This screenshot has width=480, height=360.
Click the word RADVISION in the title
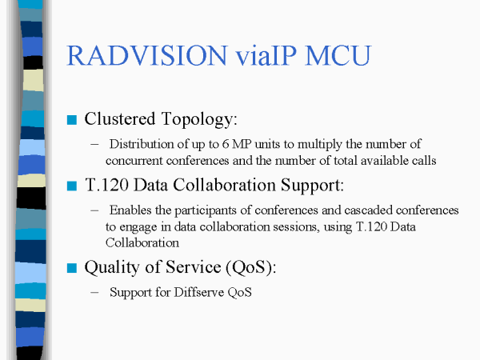(x=147, y=55)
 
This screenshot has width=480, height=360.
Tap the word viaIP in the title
(x=266, y=55)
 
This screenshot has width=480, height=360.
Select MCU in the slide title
(x=338, y=55)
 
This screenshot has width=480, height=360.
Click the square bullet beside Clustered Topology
(x=72, y=120)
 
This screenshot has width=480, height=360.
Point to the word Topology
(x=199, y=119)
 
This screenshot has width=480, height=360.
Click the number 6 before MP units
(x=226, y=144)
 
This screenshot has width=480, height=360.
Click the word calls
(x=424, y=161)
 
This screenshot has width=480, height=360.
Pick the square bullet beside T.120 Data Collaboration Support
(x=72, y=186)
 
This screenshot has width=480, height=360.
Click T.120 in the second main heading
(x=107, y=186)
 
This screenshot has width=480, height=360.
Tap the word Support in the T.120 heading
(x=312, y=186)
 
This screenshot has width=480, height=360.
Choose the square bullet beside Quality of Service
(x=72, y=268)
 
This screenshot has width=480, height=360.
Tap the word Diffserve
(x=199, y=292)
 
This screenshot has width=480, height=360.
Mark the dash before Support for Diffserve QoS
(x=94, y=292)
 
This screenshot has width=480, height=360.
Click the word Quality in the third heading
(x=112, y=268)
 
